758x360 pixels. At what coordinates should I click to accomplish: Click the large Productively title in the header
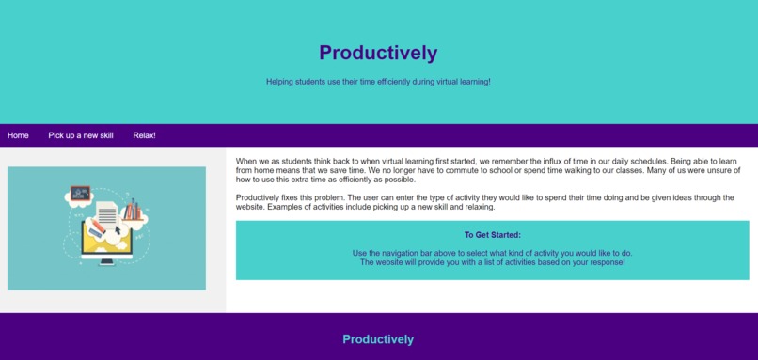coord(378,53)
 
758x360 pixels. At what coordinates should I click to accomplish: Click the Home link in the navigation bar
coord(18,135)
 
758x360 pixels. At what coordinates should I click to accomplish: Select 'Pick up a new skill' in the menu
coord(81,135)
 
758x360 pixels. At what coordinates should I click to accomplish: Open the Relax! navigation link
coord(144,135)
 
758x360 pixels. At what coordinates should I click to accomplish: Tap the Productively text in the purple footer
coord(378,339)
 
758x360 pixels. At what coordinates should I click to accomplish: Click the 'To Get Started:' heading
coord(492,235)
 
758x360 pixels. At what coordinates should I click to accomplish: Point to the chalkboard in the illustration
coord(80,193)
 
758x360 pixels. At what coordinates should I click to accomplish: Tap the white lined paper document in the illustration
coord(107,211)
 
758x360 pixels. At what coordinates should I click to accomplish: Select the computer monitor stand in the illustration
coord(106,260)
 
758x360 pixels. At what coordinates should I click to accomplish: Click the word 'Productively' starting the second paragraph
coord(259,197)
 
